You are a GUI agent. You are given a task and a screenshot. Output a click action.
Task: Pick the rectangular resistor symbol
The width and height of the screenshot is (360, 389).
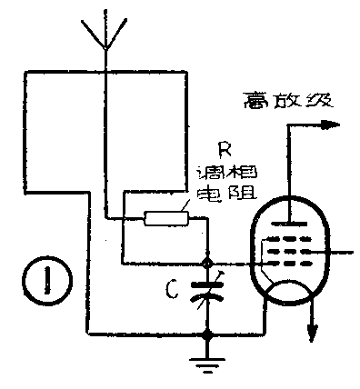click(165, 217)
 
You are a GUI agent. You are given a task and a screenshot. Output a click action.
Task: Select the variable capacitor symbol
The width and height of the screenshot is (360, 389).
click(209, 291)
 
